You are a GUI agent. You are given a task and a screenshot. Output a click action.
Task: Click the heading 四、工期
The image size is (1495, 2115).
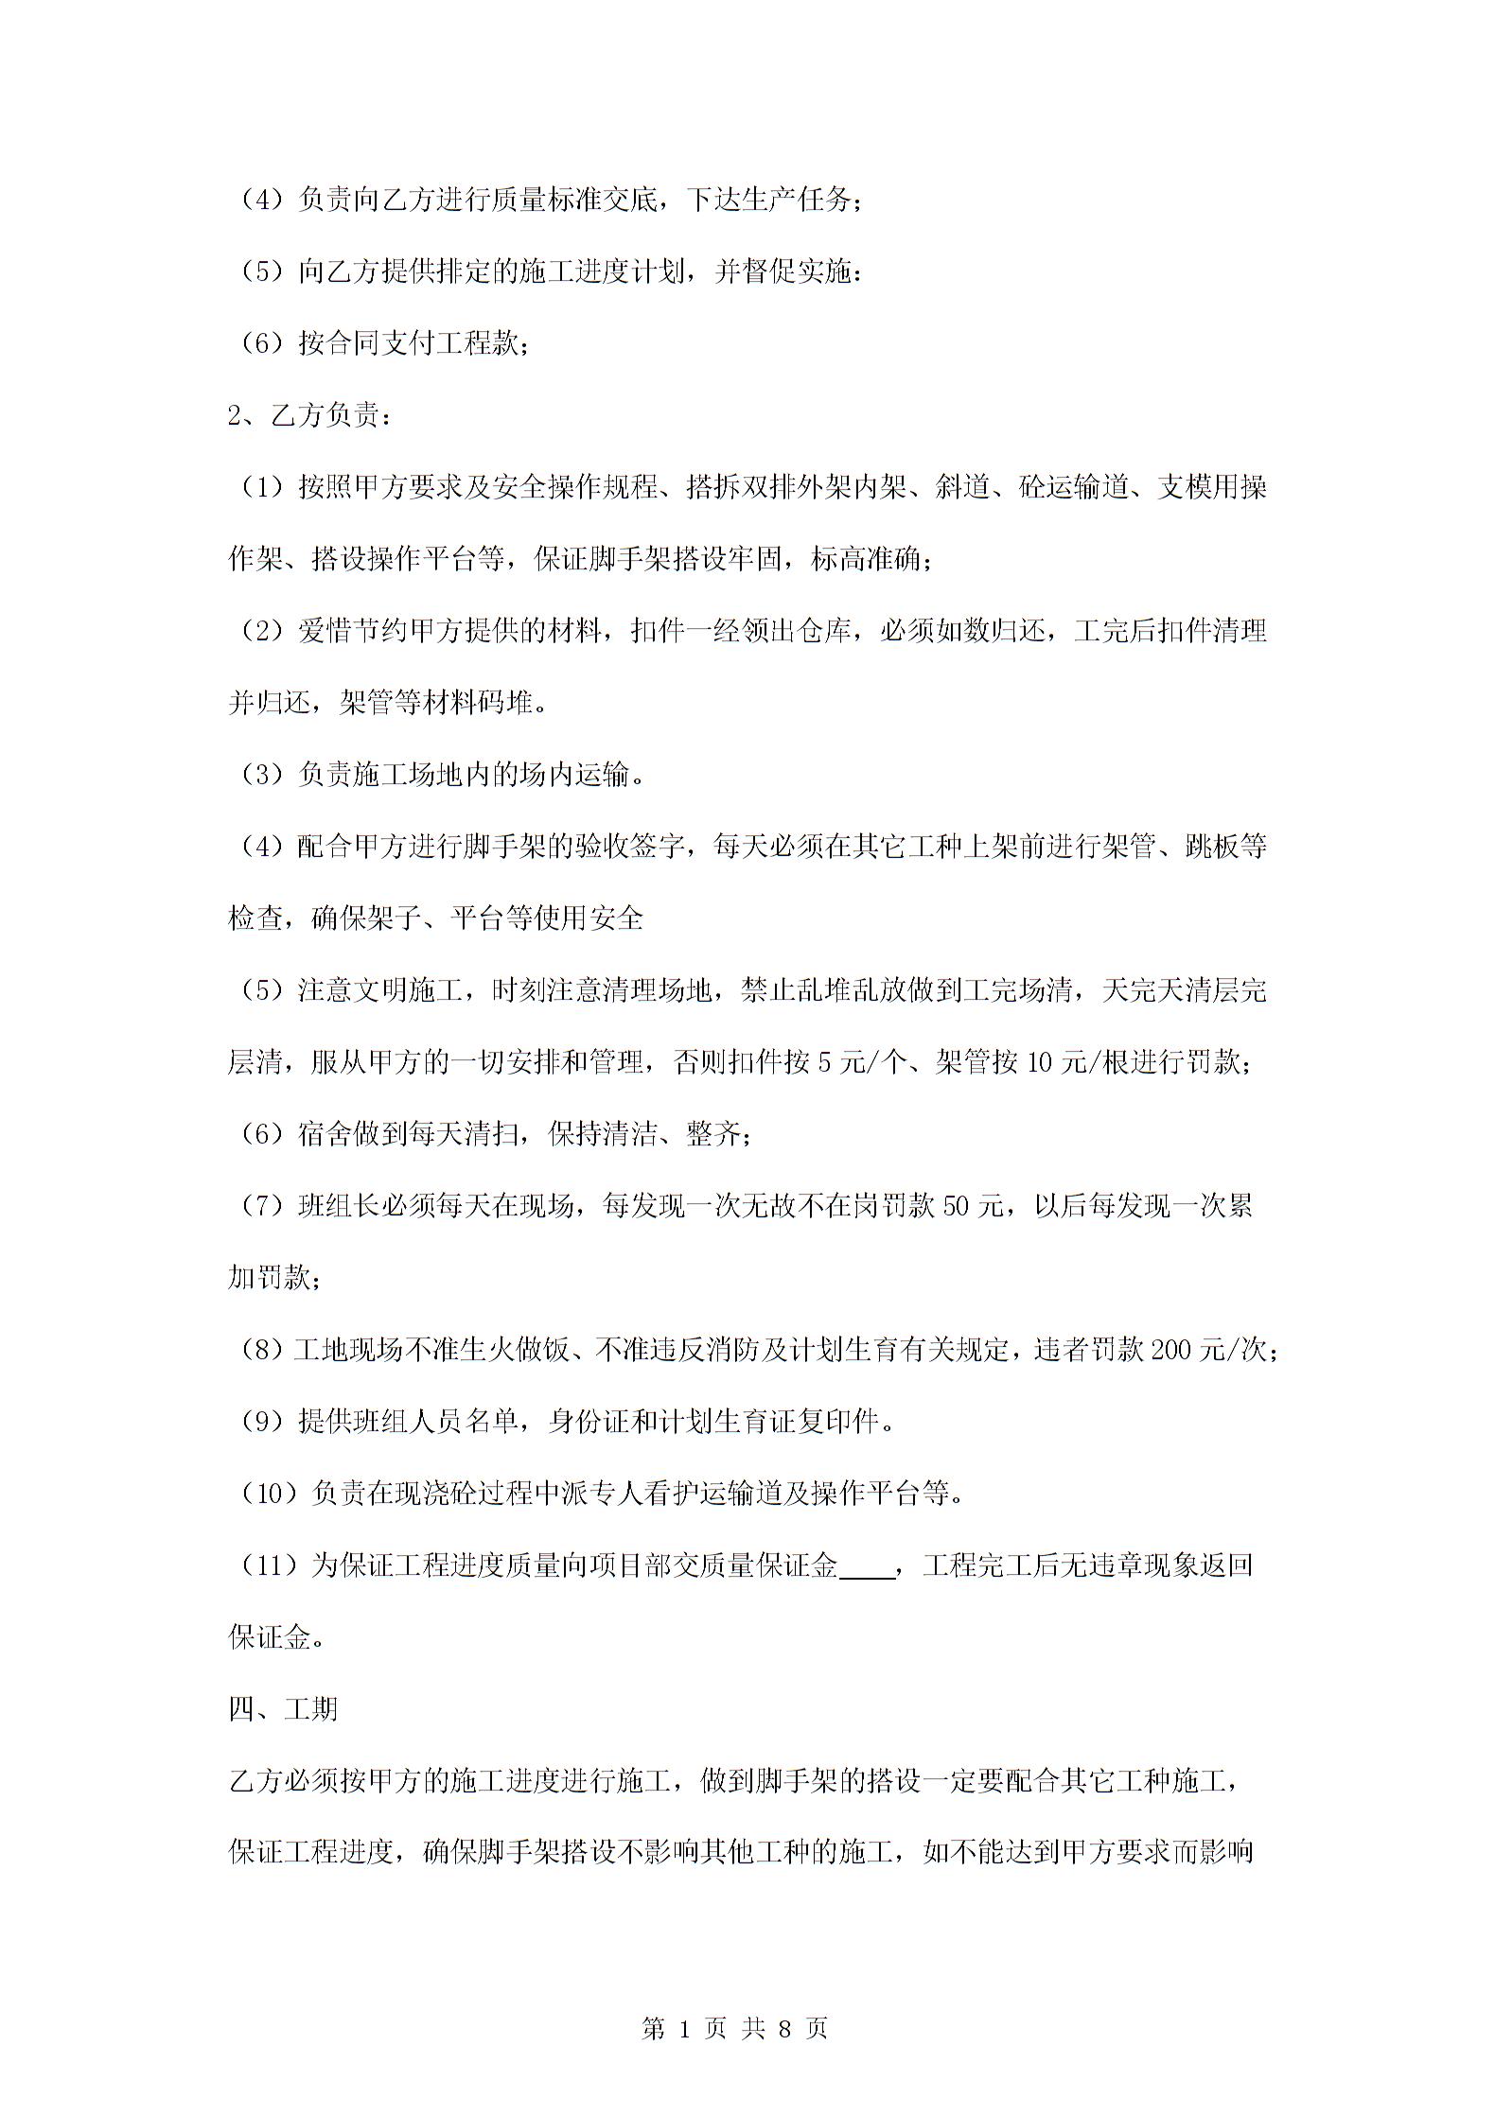click(x=283, y=1709)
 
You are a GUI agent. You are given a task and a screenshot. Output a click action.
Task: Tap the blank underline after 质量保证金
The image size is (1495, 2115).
click(x=867, y=1565)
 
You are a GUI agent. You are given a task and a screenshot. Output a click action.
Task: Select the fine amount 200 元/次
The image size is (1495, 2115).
click(x=1208, y=1350)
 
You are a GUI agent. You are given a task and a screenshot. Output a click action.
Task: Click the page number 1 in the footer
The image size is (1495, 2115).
click(x=683, y=2028)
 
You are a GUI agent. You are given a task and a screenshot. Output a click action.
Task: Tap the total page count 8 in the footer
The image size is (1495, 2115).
click(x=783, y=2028)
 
